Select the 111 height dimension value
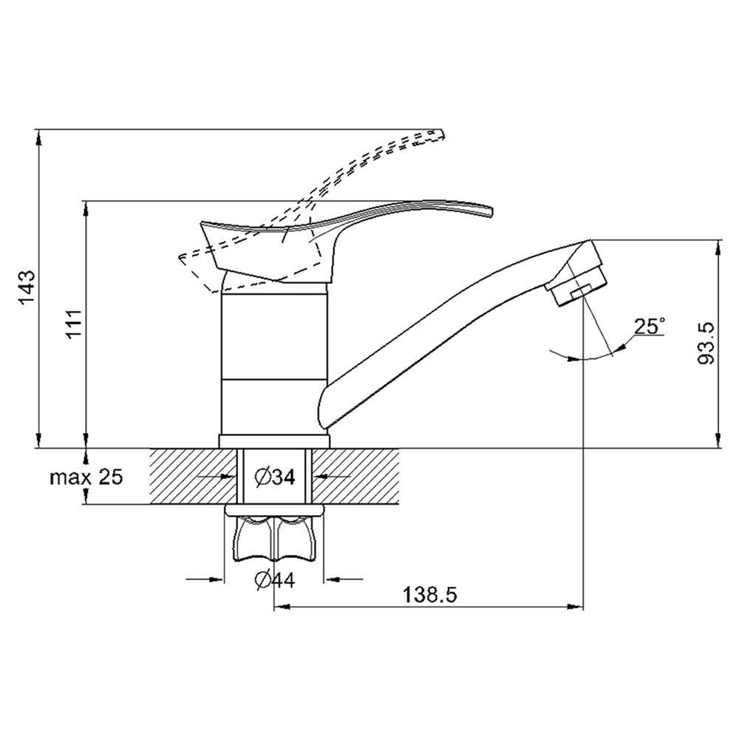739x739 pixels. (x=75, y=324)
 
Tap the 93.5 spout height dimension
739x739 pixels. (x=706, y=343)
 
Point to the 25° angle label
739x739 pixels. (x=650, y=326)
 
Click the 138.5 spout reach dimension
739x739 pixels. (x=430, y=594)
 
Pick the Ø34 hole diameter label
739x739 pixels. (x=275, y=477)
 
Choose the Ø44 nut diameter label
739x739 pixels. (x=274, y=579)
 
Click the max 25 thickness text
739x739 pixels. (x=86, y=477)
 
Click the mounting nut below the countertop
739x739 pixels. (x=275, y=534)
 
